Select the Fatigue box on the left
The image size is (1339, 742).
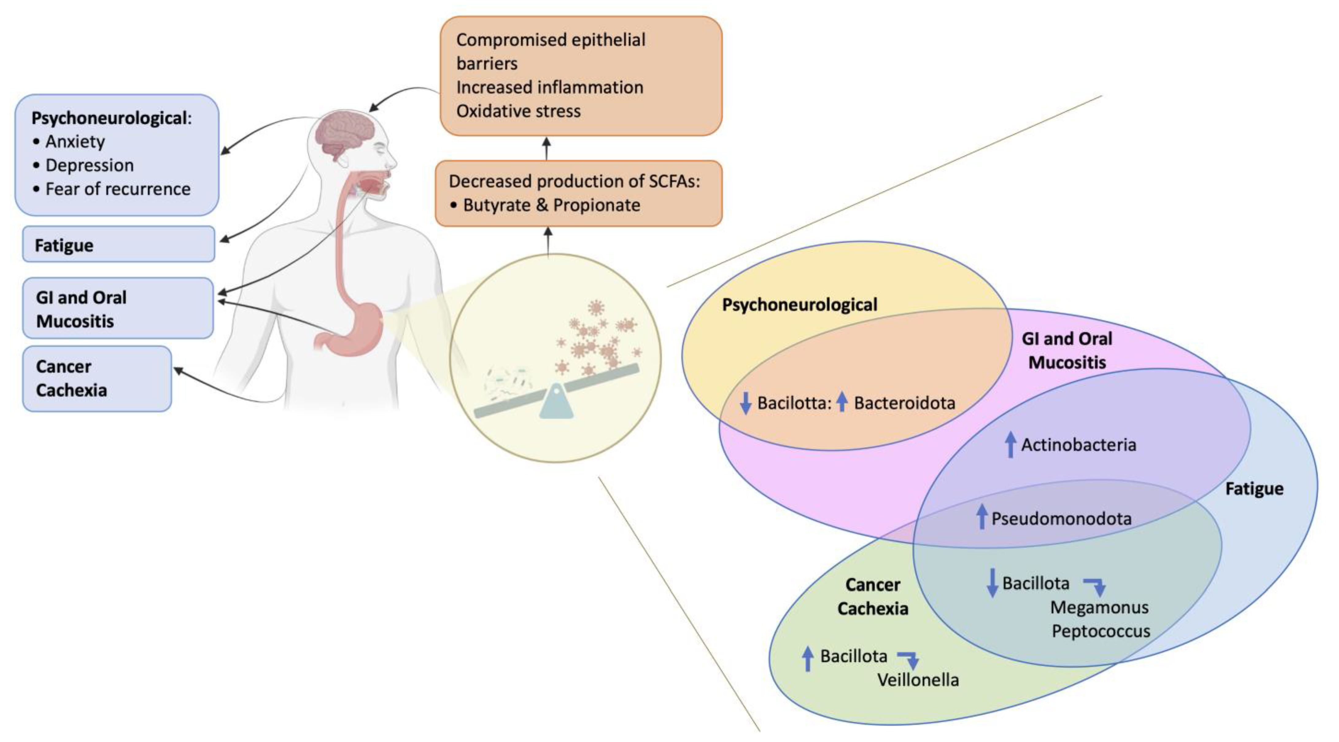[x=118, y=244]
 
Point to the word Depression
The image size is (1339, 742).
[x=89, y=165]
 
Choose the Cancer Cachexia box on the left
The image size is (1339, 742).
[x=97, y=379]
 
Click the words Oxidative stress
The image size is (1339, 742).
[x=518, y=111]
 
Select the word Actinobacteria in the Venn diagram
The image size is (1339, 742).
[x=1078, y=445]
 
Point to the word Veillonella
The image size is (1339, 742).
[x=918, y=680]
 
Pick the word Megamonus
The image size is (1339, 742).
[x=1099, y=607]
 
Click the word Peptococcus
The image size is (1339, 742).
[x=1101, y=631]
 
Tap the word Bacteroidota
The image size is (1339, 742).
[x=904, y=403]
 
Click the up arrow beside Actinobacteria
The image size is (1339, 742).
[x=1010, y=445]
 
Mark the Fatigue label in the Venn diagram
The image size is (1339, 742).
[x=1254, y=489]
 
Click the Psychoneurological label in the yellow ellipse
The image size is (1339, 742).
[x=799, y=304]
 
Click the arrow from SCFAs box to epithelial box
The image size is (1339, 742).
[x=546, y=149]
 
